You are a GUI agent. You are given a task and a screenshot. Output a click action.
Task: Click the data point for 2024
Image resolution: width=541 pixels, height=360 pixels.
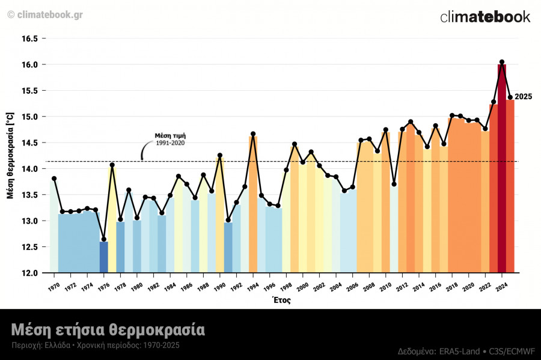(501, 62)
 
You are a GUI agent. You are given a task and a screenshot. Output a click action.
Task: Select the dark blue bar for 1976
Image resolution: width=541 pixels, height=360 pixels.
(104, 257)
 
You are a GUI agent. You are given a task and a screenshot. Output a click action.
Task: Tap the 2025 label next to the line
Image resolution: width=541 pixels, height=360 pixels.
(524, 97)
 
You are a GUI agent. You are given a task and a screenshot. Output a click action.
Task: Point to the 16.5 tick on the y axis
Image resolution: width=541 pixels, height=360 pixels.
(30, 38)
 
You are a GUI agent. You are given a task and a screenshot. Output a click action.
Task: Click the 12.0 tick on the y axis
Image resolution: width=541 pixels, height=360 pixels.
(30, 273)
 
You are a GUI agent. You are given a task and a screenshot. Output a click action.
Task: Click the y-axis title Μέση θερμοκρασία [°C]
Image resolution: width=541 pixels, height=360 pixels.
(10, 155)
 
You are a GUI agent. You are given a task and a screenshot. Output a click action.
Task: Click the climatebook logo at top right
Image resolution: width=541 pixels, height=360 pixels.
(485, 16)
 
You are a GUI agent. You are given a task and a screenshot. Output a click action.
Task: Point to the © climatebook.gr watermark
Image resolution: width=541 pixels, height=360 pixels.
(45, 14)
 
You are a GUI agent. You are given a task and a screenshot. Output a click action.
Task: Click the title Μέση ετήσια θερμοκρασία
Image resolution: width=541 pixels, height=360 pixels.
(108, 329)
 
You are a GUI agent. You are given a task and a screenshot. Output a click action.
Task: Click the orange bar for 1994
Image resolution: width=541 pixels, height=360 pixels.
(253, 204)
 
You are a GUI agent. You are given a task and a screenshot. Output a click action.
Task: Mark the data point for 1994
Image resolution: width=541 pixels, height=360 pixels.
(253, 134)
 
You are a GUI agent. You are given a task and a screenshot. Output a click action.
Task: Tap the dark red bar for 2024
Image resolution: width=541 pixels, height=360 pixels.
(501, 168)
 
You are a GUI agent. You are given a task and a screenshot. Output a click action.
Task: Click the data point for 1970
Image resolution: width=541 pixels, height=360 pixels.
(54, 178)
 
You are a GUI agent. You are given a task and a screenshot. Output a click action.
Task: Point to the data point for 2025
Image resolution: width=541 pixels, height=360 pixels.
(510, 97)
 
